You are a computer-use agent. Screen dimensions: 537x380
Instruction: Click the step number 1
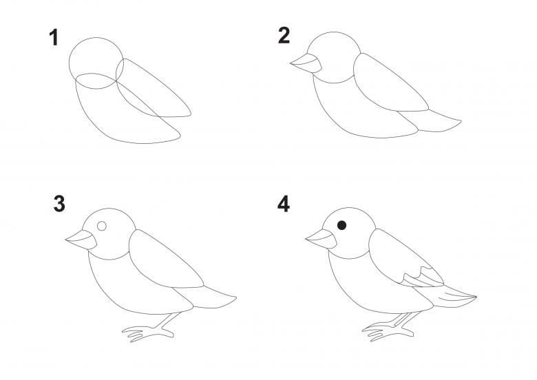coord(54,37)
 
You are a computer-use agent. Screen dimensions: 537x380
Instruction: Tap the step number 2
coord(284,36)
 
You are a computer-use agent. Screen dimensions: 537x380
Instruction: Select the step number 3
coord(59,204)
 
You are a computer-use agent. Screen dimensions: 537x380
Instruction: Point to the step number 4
coord(284,204)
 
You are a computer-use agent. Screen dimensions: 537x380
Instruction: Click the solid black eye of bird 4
coord(341,225)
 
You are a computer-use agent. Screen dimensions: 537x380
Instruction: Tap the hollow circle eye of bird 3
coord(102,226)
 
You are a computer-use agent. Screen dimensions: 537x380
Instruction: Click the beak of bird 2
coord(307,63)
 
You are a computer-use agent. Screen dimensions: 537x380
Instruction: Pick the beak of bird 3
coord(82,240)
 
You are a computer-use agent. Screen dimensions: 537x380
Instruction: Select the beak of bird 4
coord(322,239)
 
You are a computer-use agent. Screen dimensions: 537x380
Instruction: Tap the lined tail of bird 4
coord(449,297)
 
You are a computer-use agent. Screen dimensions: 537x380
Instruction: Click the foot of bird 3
coord(149,329)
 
